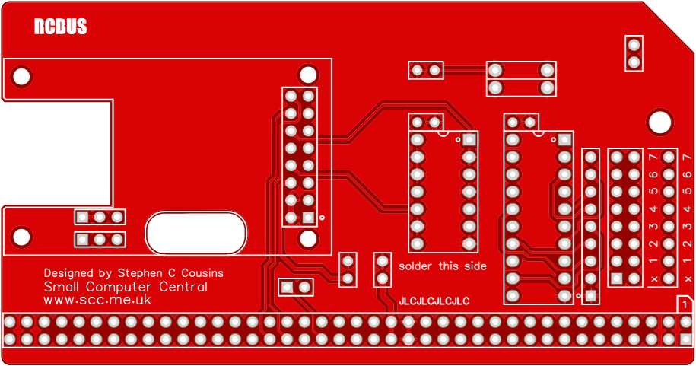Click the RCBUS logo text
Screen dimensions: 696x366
click(60, 27)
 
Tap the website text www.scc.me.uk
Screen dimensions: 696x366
click(97, 301)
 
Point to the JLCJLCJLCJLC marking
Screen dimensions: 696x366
click(434, 301)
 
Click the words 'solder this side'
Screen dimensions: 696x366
click(443, 266)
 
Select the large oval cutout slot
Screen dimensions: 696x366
click(195, 233)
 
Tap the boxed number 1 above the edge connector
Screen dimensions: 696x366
click(685, 304)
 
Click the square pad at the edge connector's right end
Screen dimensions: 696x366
click(686, 339)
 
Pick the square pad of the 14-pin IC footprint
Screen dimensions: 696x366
click(469, 140)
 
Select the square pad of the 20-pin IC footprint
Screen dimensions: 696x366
click(564, 140)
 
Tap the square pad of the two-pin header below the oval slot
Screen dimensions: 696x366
click(288, 288)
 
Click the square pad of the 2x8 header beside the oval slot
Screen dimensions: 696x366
click(308, 218)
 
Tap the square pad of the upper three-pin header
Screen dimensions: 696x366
click(82, 217)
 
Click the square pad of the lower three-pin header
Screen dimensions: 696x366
click(82, 240)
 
